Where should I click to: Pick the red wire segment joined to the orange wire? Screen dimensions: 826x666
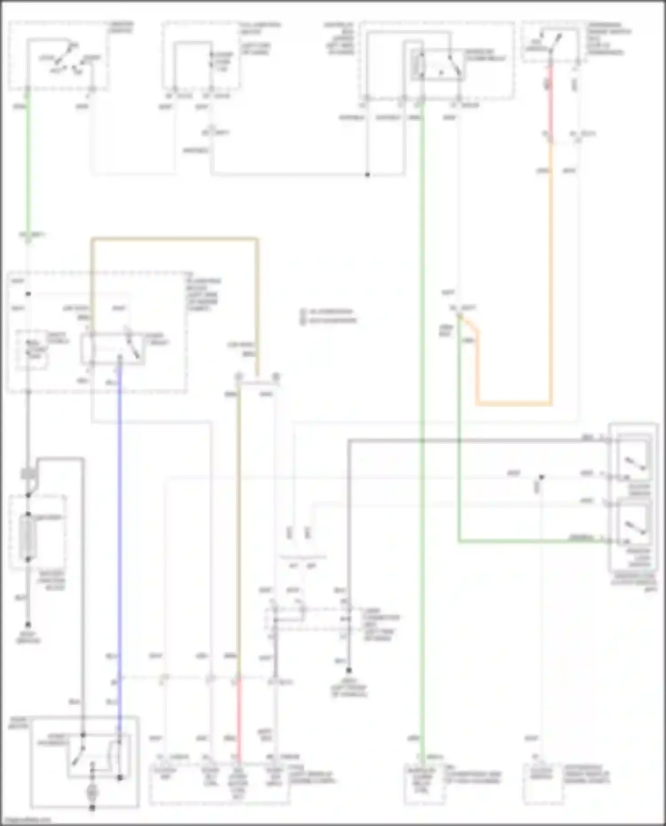pyautogui.click(x=550, y=102)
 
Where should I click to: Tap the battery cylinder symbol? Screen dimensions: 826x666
pyautogui.click(x=28, y=537)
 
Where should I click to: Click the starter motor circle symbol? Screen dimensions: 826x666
pyautogui.click(x=92, y=791)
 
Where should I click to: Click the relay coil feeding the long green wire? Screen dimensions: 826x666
pyautogui.click(x=416, y=64)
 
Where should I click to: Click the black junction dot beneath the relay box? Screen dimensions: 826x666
pyautogui.click(x=368, y=175)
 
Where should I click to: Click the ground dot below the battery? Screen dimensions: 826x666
pyautogui.click(x=28, y=624)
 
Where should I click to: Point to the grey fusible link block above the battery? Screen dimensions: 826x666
pyautogui.click(x=28, y=474)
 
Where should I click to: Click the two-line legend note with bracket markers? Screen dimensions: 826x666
pyautogui.click(x=329, y=316)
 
